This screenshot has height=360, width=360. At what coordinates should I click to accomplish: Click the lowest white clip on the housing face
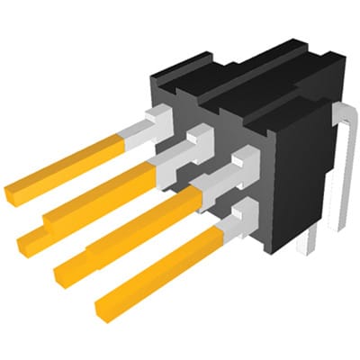[241, 215]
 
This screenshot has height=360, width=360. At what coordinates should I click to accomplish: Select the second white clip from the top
[197, 139]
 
